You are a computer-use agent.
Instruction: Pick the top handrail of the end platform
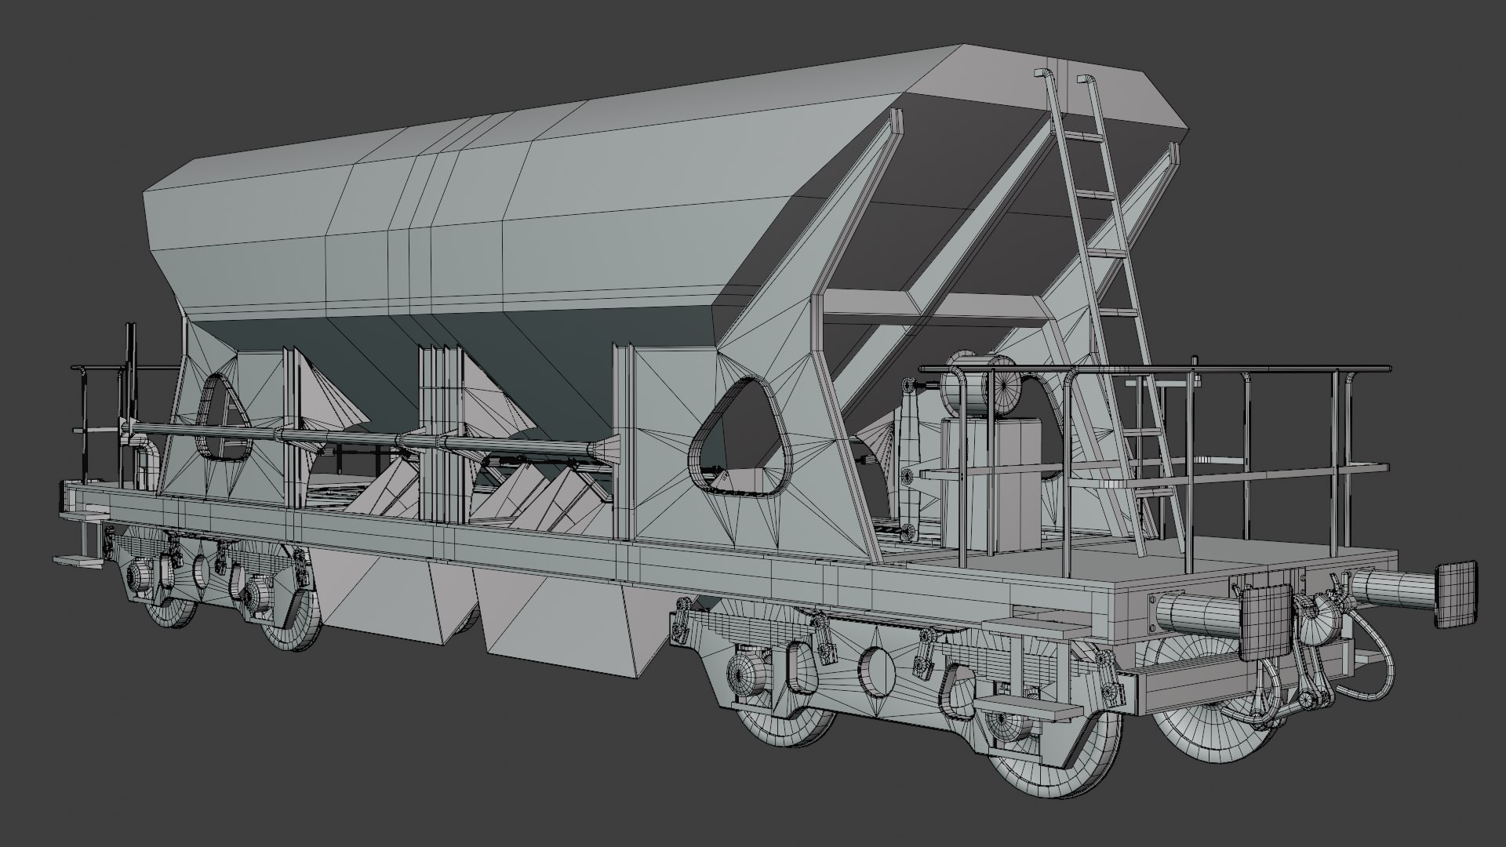[x=1153, y=367]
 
